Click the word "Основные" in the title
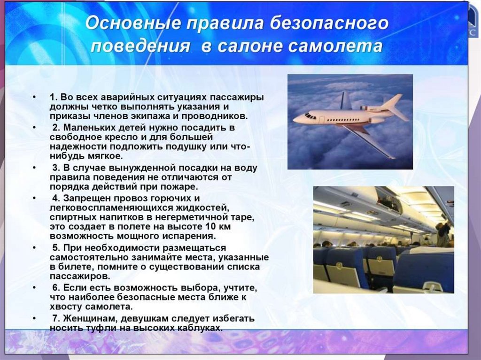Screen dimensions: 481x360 [x=133, y=23]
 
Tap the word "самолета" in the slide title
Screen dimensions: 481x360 [x=335, y=46]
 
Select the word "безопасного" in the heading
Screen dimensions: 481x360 [x=329, y=24]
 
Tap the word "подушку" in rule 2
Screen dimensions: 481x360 [x=186, y=147]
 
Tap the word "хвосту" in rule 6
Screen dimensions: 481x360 [x=66, y=307]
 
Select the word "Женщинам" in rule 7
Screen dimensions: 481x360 [x=85, y=319]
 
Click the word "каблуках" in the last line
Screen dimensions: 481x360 [x=200, y=328]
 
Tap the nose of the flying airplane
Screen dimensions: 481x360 [x=295, y=119]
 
